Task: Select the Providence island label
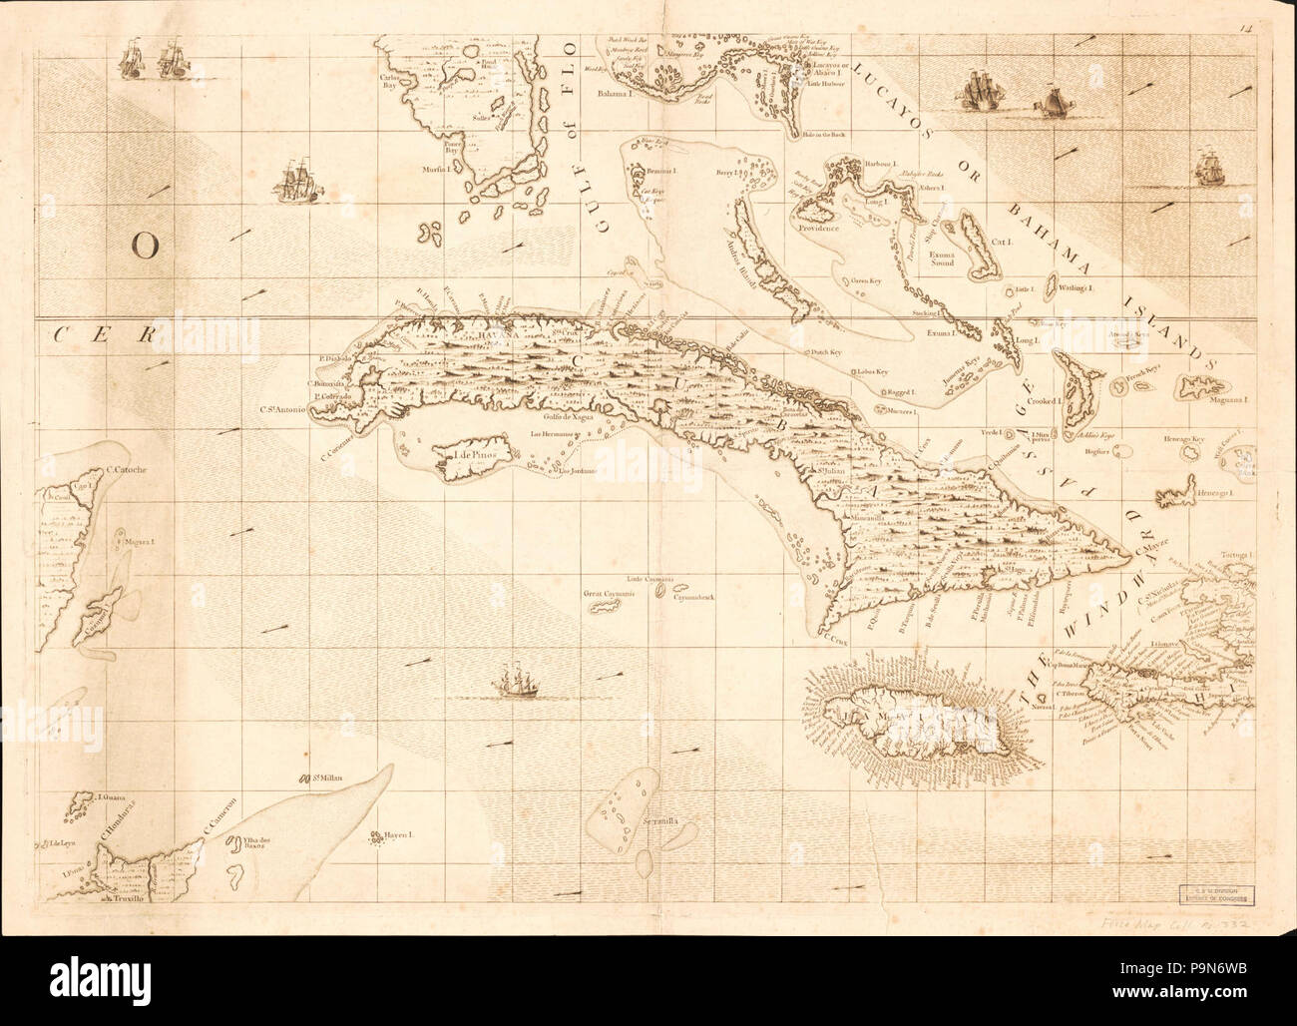pos(819,228)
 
